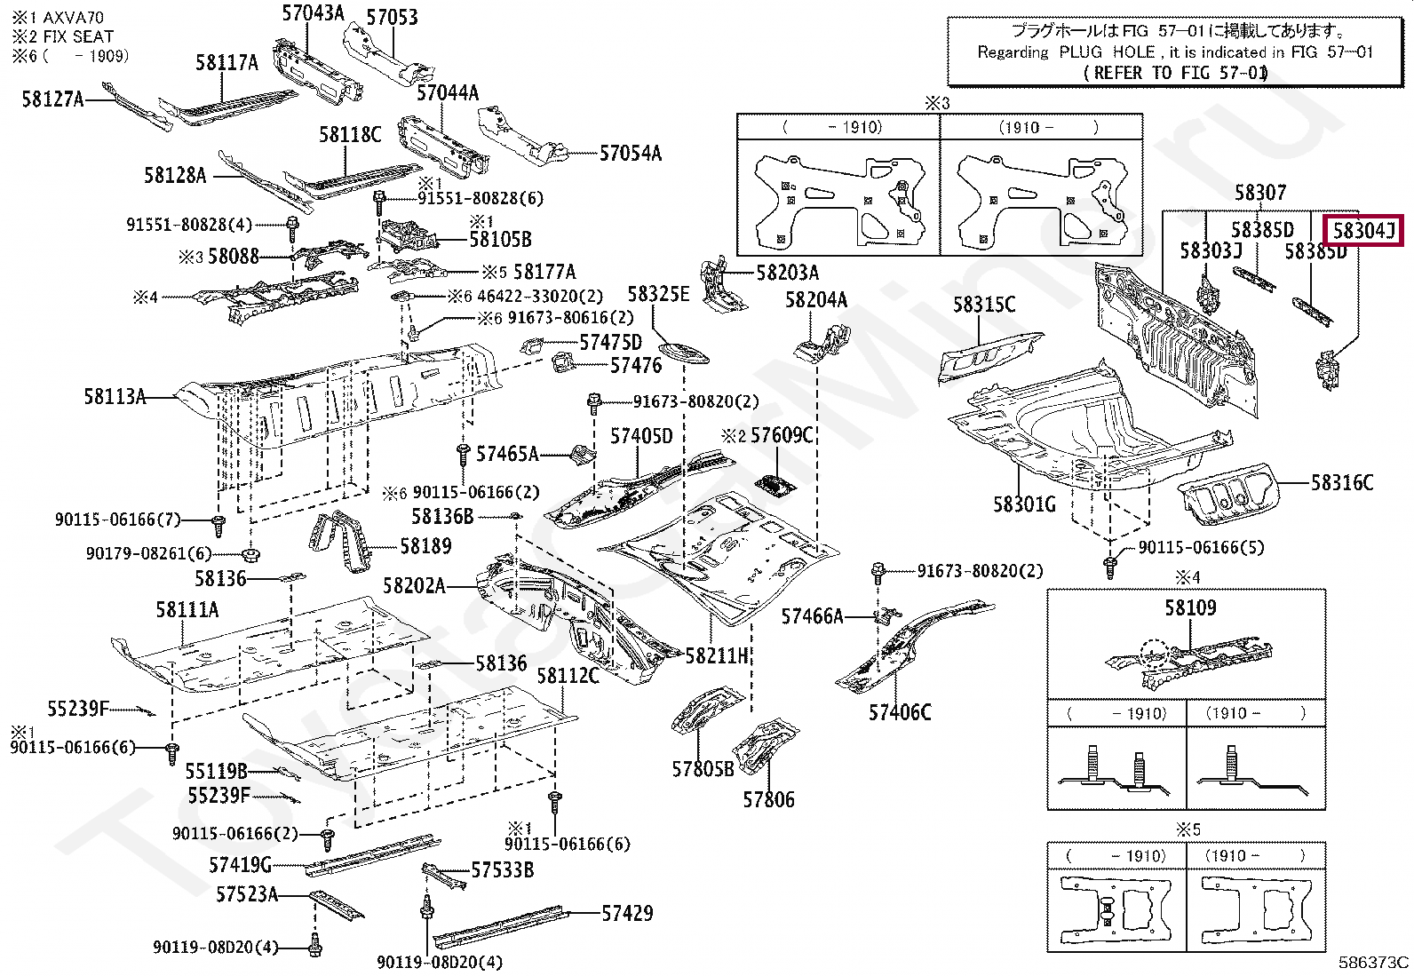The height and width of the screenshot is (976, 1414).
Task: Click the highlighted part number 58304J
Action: click(1363, 232)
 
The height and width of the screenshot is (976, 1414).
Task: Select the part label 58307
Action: click(1259, 194)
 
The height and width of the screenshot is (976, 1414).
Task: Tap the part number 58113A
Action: click(115, 397)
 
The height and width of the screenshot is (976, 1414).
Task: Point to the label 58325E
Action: click(658, 295)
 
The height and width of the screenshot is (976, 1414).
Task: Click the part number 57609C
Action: click(782, 435)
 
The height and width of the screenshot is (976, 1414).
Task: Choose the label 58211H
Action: click(717, 656)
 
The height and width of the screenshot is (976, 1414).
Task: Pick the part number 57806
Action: click(768, 800)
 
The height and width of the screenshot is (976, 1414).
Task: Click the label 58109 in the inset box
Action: click(1190, 608)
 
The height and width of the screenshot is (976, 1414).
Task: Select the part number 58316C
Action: click(1342, 483)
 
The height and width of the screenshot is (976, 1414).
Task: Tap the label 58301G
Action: click(1024, 505)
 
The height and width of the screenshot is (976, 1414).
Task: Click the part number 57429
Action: click(627, 913)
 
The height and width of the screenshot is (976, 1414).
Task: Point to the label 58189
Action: click(425, 546)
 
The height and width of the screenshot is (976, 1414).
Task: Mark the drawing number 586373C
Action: click(1373, 962)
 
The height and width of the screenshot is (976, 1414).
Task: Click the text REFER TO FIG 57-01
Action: click(1176, 73)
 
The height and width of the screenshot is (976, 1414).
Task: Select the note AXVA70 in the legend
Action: click(69, 17)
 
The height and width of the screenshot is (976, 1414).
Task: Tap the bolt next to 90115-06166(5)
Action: click(1110, 565)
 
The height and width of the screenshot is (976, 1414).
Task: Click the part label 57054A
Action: click(630, 154)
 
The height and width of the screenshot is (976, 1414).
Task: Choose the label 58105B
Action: click(500, 239)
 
